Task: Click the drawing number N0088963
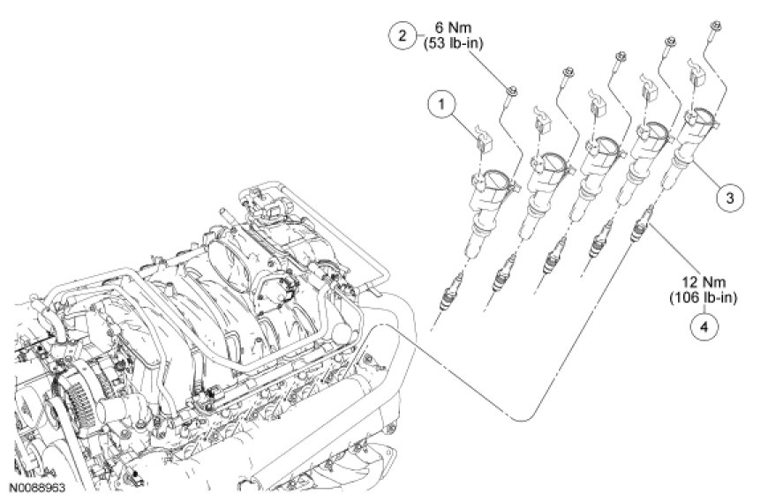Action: click(38, 485)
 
